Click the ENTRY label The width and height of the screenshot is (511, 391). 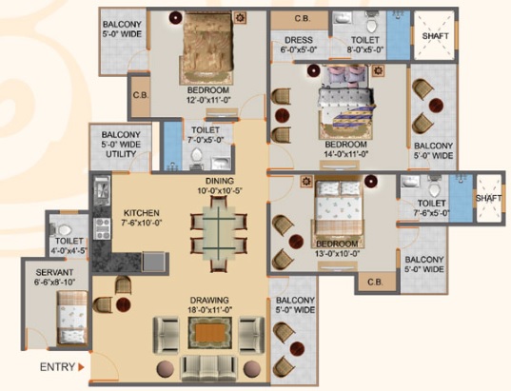57,367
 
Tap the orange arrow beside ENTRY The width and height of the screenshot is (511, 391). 81,367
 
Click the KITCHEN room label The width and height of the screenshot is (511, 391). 142,213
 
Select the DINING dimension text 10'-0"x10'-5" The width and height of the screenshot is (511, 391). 220,190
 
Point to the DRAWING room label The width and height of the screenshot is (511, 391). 209,300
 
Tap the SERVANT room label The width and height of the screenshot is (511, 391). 55,272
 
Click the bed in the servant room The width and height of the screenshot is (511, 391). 72,317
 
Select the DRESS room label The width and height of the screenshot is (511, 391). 299,40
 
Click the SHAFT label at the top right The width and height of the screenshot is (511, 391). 436,36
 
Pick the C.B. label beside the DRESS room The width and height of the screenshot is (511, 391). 303,19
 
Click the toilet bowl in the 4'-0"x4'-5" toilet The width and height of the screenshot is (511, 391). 62,229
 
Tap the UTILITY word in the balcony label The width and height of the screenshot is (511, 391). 121,154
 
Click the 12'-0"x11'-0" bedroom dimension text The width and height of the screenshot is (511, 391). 209,100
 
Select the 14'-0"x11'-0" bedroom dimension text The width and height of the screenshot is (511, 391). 345,154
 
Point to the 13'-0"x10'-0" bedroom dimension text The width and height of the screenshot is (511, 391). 337,253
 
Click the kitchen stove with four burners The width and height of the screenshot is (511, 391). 102,228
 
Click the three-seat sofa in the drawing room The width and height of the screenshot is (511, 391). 209,368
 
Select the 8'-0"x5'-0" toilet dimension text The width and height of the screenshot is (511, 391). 365,49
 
